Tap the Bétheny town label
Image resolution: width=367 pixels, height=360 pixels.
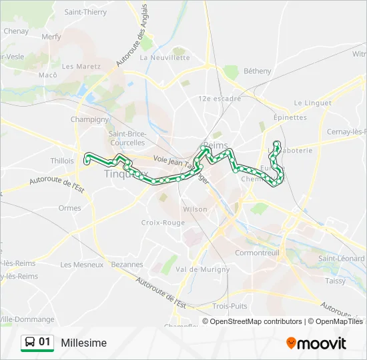(258, 71)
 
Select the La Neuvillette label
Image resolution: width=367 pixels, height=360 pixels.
(165, 57)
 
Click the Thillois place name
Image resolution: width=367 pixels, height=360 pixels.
(62, 161)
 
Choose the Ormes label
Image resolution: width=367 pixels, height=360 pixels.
(69, 208)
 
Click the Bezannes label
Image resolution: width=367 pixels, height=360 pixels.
(127, 264)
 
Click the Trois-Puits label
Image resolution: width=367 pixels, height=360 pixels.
(230, 306)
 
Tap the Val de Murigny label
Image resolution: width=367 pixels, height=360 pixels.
(202, 269)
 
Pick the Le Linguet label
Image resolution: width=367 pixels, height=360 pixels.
(312, 103)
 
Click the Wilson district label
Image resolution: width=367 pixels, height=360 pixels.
(195, 209)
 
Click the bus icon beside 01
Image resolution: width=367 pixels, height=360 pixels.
(30, 343)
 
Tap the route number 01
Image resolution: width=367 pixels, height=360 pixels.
(45, 342)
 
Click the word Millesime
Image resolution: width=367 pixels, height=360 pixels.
(83, 343)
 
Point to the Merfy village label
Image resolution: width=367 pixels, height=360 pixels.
(51, 37)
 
